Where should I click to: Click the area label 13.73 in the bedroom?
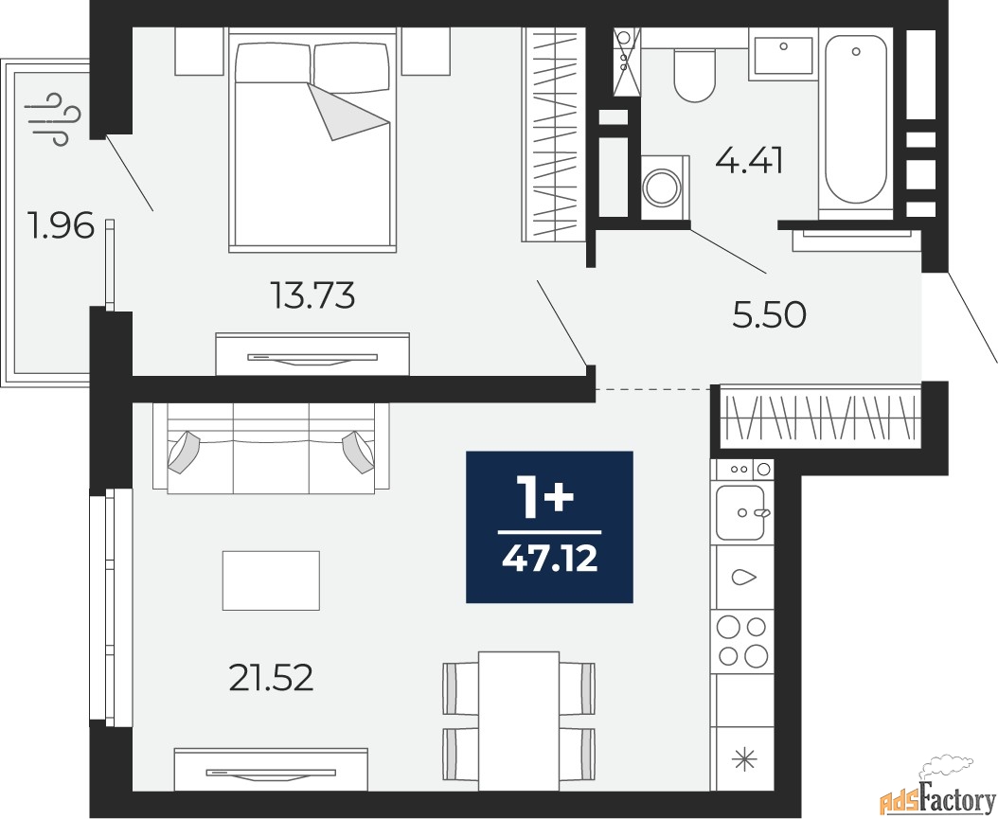pos(312,297)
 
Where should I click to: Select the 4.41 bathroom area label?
pos(749,161)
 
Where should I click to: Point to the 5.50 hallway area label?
pos(769,315)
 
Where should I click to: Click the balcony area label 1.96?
pos(62,227)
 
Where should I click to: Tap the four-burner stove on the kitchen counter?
pos(742,640)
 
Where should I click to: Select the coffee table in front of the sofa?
pos(271,579)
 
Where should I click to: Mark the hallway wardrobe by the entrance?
pos(820,416)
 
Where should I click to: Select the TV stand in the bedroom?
pos(312,355)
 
